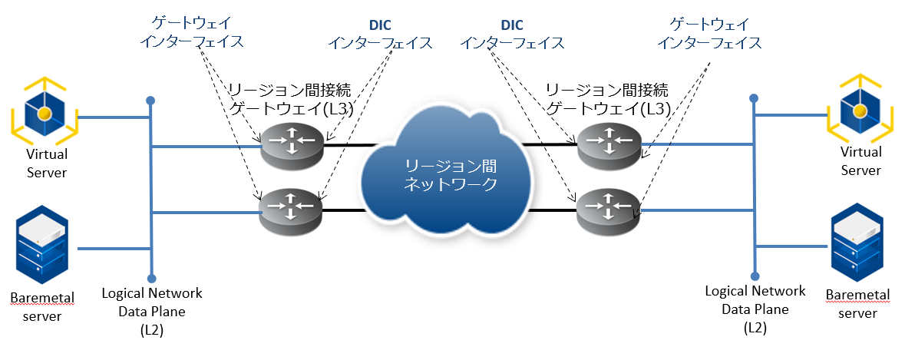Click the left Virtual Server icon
45,113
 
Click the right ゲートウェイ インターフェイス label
710,34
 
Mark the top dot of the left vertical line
152,101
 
